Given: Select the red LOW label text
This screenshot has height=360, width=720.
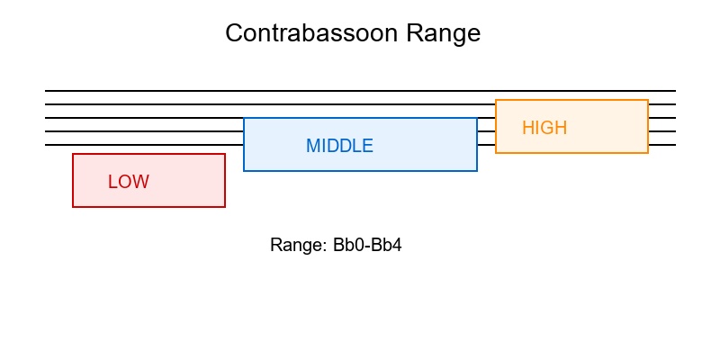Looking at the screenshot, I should point(129,182).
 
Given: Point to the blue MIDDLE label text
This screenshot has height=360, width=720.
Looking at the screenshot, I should point(339,146).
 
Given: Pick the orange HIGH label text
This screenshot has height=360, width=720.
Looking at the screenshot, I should point(544,128).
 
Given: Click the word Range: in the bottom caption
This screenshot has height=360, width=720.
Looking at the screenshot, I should point(298,245).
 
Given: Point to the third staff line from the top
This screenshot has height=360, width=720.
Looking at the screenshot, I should point(144,118).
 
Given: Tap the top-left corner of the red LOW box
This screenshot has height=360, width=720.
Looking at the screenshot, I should point(73,154).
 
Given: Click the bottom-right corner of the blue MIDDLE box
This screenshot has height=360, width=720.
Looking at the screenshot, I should point(477,171).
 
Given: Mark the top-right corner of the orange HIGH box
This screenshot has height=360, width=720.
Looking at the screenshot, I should point(648,100).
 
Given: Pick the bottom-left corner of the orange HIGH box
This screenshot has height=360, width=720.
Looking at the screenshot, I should point(496,153).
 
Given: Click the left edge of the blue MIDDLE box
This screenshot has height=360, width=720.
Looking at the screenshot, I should point(244,144).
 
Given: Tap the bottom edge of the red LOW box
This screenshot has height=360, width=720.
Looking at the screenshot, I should point(148,207).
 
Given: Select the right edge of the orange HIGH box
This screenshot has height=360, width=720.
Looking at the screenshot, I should point(648,126).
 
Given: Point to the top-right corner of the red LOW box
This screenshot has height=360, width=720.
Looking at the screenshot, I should point(225,154).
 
